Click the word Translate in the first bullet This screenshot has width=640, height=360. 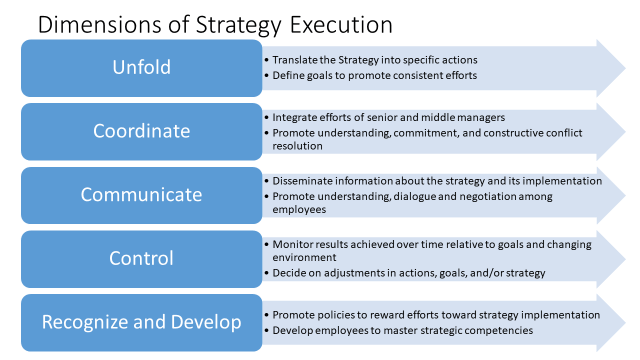(295, 60)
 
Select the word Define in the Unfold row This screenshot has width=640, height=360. (288, 74)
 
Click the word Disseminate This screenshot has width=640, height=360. (302, 181)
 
